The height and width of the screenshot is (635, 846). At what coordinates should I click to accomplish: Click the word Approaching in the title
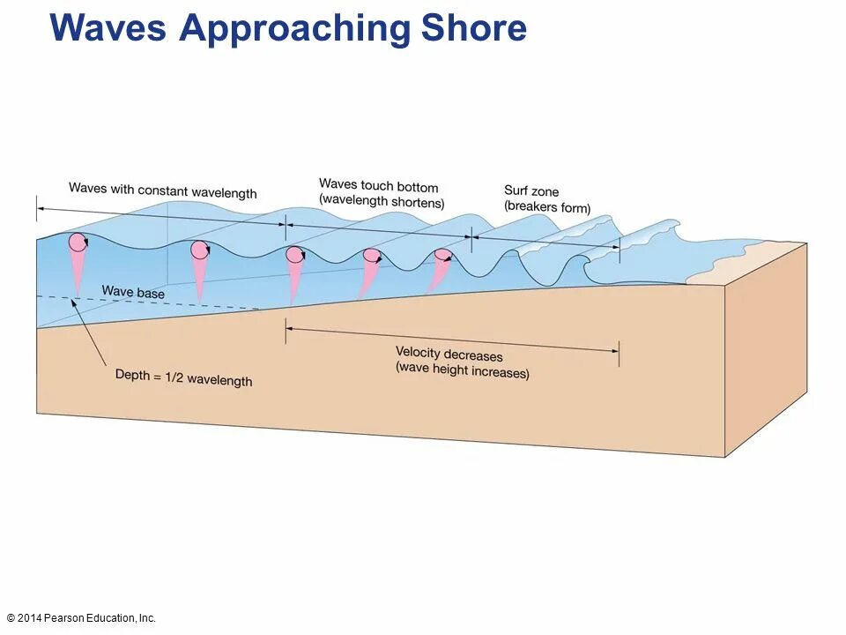click(x=294, y=28)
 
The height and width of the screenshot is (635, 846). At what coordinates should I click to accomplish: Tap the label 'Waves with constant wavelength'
click(x=163, y=190)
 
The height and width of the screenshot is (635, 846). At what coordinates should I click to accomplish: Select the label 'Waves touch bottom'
click(x=378, y=186)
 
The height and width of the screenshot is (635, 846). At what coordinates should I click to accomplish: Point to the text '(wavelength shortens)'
click(x=382, y=200)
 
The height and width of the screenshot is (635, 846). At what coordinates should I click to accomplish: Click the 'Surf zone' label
click(x=531, y=190)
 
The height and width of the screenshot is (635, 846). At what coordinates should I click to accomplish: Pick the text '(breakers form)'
click(x=547, y=207)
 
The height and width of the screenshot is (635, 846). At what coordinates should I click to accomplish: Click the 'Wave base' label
click(x=133, y=291)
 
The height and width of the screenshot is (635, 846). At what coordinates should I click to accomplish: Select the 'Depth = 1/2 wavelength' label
click(x=183, y=377)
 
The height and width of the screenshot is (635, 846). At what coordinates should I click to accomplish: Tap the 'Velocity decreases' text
click(x=449, y=355)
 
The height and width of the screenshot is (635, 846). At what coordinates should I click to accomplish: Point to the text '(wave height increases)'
click(x=463, y=371)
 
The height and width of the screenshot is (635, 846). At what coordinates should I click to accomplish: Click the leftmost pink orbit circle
click(x=78, y=243)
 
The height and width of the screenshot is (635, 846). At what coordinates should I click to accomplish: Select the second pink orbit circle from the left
click(x=200, y=250)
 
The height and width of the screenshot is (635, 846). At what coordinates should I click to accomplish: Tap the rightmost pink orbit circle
click(x=442, y=256)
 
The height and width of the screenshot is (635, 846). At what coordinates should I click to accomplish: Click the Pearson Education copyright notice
click(x=81, y=618)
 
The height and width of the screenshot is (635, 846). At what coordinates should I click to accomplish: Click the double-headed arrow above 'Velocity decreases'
click(x=451, y=340)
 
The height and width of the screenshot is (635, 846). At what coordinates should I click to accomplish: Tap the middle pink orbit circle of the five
click(x=295, y=255)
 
